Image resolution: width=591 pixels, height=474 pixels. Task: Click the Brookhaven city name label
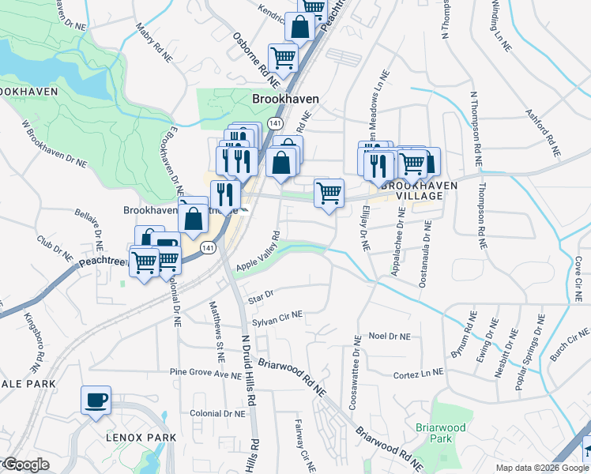[x=285, y=99]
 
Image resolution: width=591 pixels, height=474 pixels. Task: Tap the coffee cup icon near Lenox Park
[x=96, y=400]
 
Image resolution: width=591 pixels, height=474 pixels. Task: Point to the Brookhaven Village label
[x=416, y=190]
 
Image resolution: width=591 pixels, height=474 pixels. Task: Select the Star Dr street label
[x=260, y=296]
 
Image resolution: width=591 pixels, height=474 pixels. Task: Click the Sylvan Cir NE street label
[x=277, y=316]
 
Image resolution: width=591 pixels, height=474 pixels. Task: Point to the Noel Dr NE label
[x=390, y=336]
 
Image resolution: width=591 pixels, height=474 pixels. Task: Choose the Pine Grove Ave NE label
[x=205, y=372]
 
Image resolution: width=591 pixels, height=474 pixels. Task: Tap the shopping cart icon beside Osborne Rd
[x=282, y=58]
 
